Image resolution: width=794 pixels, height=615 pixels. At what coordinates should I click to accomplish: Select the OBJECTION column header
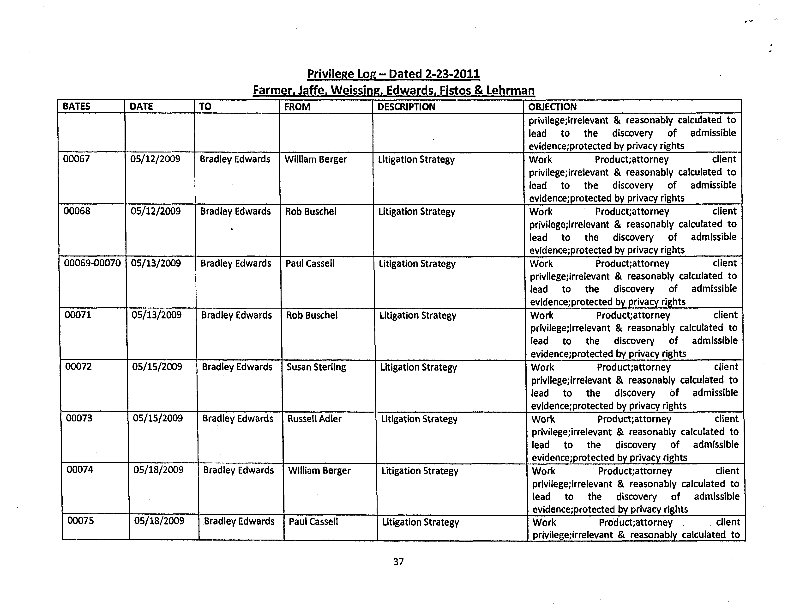[x=552, y=107]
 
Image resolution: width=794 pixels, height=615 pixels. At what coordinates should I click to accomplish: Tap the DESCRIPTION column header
[x=406, y=107]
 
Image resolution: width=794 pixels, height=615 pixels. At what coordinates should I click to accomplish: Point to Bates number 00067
[x=76, y=159]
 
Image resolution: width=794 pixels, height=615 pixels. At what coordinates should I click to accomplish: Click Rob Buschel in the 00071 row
[x=312, y=315]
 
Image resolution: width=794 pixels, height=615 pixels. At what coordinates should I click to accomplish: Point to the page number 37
[x=398, y=562]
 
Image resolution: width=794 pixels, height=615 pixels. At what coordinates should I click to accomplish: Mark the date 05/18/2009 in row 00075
[x=159, y=521]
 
